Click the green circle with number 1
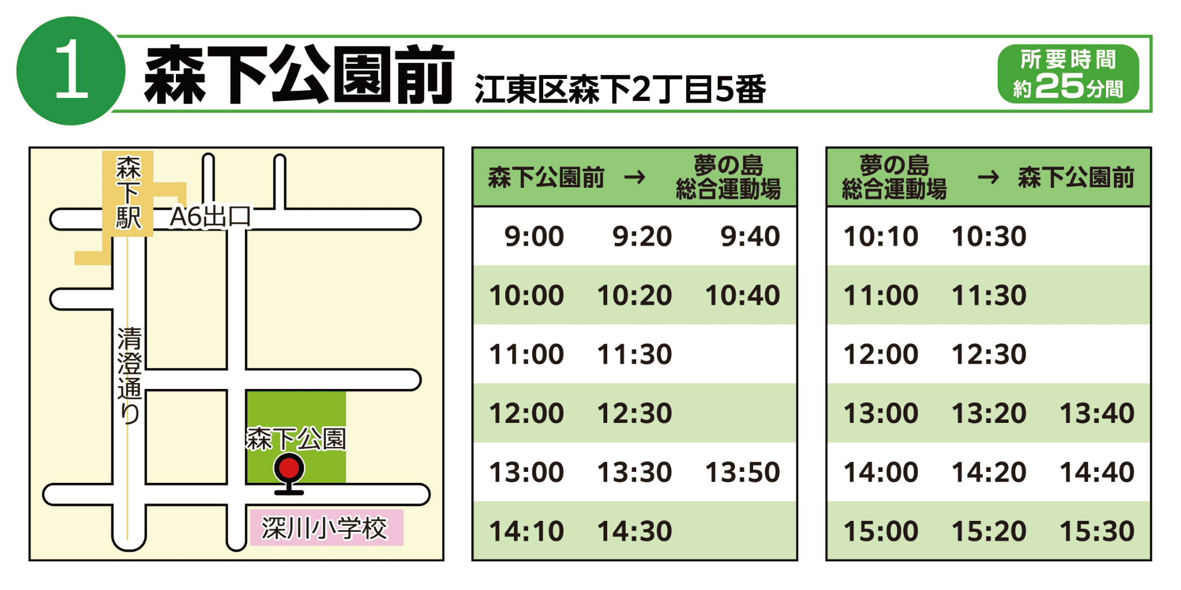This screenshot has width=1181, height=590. click(x=71, y=71)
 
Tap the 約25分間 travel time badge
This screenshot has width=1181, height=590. click(x=1068, y=74)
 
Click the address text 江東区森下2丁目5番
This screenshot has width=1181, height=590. click(x=620, y=89)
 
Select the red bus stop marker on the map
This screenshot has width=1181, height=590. click(x=289, y=473)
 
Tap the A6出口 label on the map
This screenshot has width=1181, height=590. click(x=210, y=217)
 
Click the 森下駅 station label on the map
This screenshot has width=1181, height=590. click(x=128, y=193)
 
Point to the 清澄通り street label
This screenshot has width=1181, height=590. click(x=129, y=376)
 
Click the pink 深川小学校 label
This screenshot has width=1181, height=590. click(x=326, y=528)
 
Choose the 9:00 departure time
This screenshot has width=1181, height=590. click(x=534, y=236)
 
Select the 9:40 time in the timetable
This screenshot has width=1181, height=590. click(x=750, y=236)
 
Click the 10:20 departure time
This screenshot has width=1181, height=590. click(x=634, y=296)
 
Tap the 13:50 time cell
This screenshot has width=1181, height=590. click(x=743, y=472)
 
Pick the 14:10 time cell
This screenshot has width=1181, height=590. click(x=526, y=531)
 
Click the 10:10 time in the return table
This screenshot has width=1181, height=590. click(x=881, y=236)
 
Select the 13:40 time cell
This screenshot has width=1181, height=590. click(x=1097, y=413)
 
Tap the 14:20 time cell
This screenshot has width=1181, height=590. click(x=989, y=472)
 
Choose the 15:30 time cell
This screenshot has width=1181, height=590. click(x=1097, y=531)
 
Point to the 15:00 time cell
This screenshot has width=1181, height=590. click(x=881, y=531)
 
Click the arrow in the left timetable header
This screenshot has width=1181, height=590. click(x=635, y=177)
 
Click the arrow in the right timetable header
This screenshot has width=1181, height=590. click(x=988, y=177)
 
